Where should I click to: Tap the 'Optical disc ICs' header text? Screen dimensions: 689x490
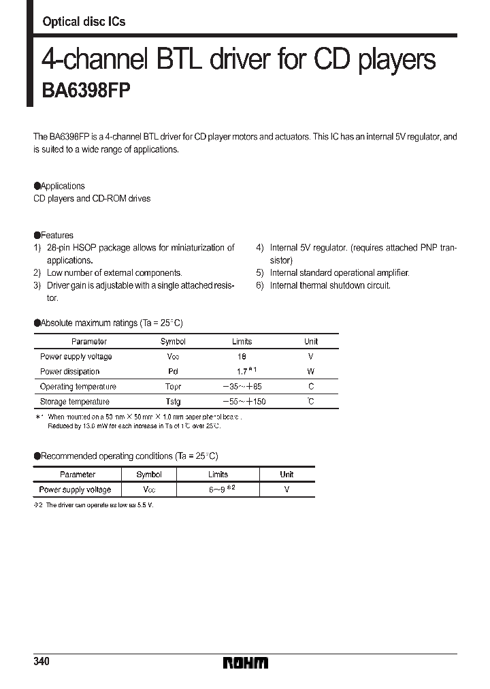[x=84, y=22]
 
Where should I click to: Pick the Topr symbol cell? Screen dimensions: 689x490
[x=173, y=387]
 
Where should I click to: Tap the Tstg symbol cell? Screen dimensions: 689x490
[x=173, y=402]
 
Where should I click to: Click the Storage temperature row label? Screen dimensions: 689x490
[x=74, y=402]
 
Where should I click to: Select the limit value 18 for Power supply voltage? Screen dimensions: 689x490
[x=242, y=357]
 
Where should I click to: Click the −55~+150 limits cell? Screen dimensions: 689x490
[x=242, y=402]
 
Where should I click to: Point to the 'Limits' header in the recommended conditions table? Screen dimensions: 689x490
[x=218, y=475]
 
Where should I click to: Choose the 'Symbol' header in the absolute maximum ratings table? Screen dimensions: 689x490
[x=173, y=342]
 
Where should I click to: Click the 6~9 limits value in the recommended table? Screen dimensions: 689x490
[x=218, y=490]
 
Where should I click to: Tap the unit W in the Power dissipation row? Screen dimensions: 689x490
[x=310, y=372]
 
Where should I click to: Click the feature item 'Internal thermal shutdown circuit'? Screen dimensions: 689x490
[x=330, y=285]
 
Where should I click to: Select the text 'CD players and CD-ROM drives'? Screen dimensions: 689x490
[x=92, y=198]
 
